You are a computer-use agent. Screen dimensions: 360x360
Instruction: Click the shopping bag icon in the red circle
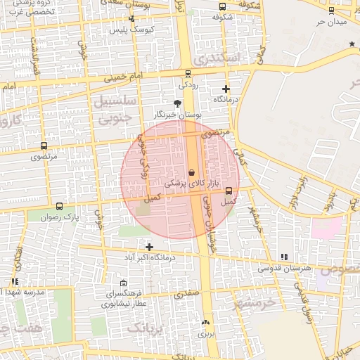coord(192,173)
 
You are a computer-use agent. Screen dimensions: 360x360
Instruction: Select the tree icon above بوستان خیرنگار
coord(177,103)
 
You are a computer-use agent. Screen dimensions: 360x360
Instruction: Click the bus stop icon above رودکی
coord(188,73)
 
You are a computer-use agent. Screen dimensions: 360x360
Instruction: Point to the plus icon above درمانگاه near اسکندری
coord(226,89)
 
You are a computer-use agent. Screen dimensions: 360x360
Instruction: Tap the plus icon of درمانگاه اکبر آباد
coord(149,246)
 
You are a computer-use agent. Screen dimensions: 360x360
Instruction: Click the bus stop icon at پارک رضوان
coord(59,207)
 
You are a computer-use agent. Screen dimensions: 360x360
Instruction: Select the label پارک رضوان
coord(60,218)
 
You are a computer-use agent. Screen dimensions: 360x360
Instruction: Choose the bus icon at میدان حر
coord(331,11)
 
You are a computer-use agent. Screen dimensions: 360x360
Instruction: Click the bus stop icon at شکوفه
coord(223,6)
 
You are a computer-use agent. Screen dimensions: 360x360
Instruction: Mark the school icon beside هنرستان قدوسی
coord(284,257)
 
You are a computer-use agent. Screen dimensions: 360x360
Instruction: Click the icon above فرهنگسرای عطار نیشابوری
coord(124,283)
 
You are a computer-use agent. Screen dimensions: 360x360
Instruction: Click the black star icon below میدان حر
coord(352,44)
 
